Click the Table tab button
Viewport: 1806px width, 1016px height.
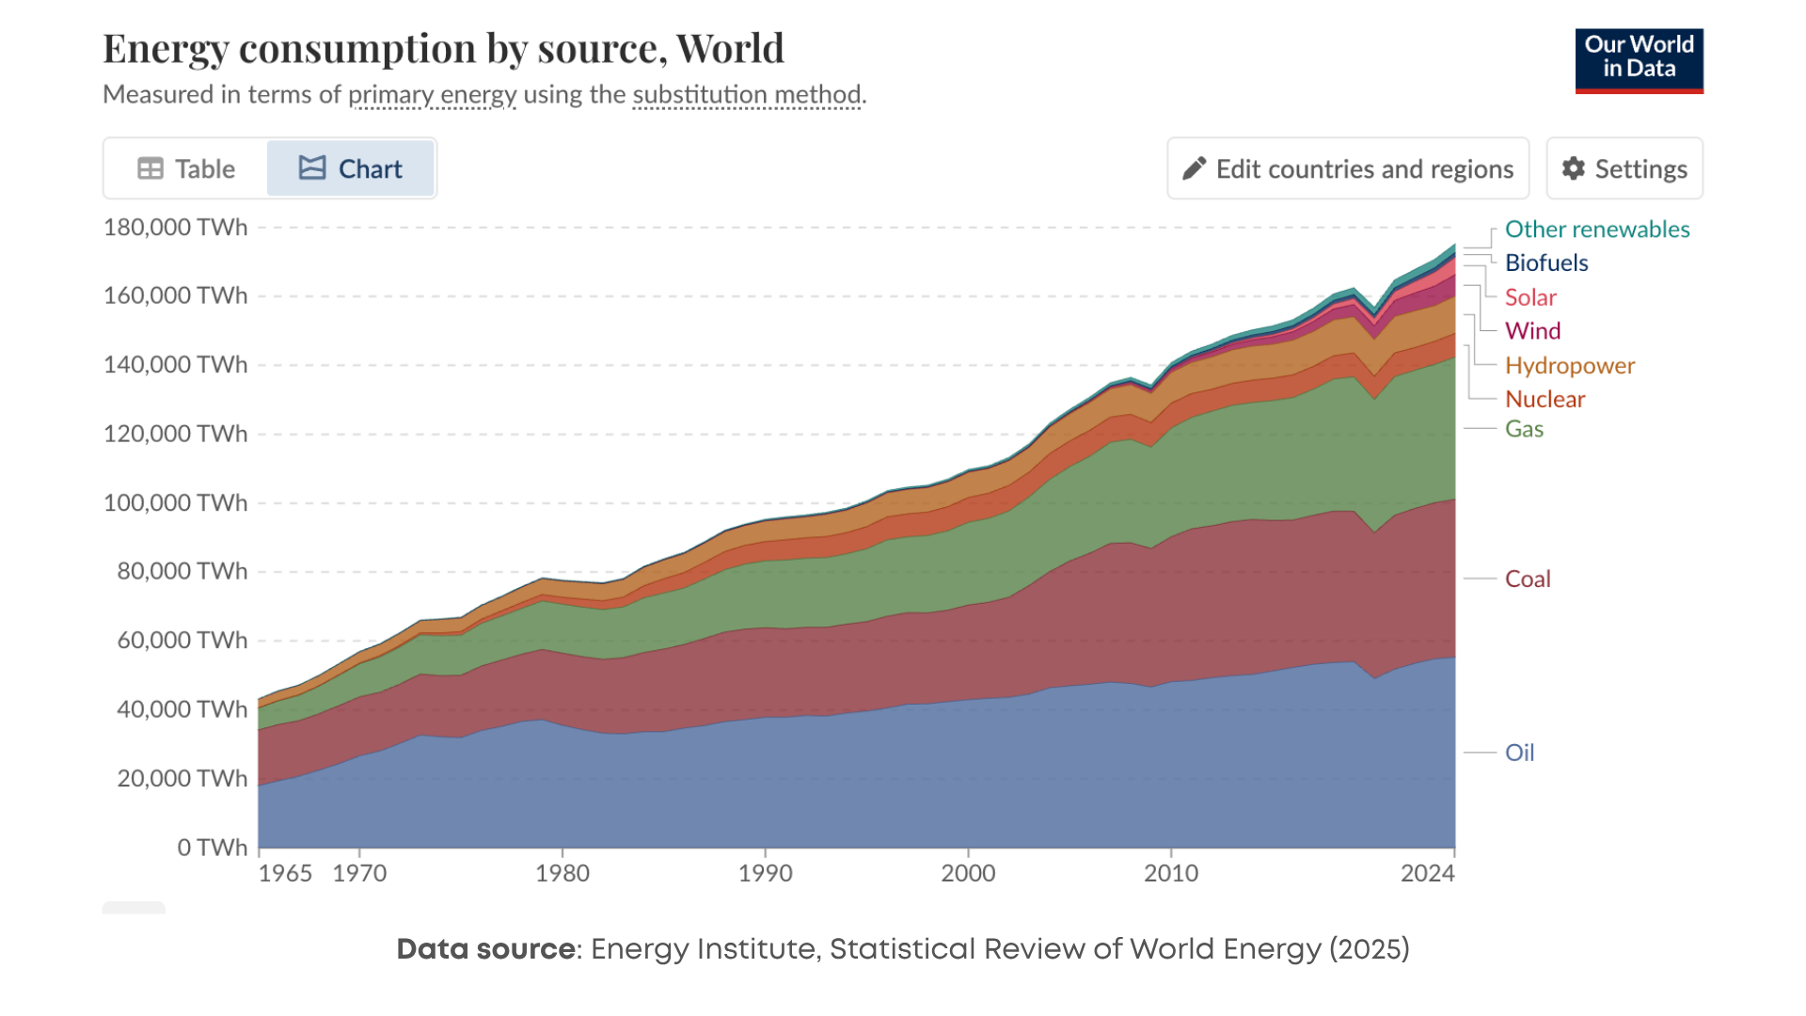(186, 168)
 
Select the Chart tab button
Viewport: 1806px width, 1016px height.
(351, 168)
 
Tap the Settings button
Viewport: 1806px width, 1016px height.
(1624, 168)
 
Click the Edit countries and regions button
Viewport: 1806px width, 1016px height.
(1348, 168)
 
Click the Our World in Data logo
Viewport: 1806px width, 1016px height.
(1639, 60)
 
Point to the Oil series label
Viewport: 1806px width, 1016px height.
(1519, 753)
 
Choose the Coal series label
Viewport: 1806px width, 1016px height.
(1528, 579)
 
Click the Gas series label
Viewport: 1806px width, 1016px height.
(1524, 429)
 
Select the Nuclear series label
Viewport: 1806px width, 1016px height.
(1545, 399)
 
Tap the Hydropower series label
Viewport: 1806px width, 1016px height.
(1569, 365)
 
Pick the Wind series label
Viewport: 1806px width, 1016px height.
(1532, 331)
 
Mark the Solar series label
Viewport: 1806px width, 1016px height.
(1530, 297)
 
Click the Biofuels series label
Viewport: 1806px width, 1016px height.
(1546, 263)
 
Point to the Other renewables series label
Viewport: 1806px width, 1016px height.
(1597, 230)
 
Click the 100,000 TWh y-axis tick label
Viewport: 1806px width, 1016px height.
(175, 502)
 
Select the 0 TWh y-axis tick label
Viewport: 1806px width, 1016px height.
(212, 848)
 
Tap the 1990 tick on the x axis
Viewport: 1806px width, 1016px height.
(765, 873)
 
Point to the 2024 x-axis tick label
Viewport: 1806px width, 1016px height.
(1427, 873)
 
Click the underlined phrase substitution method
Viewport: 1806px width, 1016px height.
(747, 94)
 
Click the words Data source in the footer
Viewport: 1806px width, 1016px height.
(485, 949)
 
